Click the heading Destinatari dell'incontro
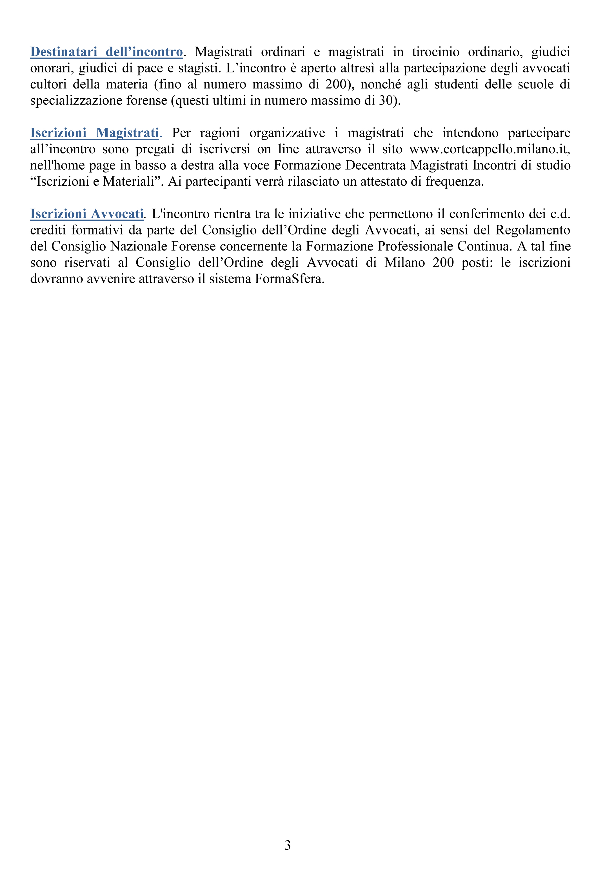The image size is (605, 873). pyautogui.click(x=106, y=52)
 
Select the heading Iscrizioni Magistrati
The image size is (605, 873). pyautogui.click(x=94, y=133)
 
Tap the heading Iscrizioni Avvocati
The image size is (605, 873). pyautogui.click(x=87, y=214)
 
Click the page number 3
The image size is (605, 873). pyautogui.click(x=288, y=845)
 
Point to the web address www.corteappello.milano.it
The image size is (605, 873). pyautogui.click(x=490, y=149)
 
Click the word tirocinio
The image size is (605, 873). pyautogui.click(x=435, y=52)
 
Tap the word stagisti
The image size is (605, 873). pyautogui.click(x=199, y=68)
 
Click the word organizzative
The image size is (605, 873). pyautogui.click(x=287, y=133)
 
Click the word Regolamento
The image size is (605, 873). pyautogui.click(x=533, y=230)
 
